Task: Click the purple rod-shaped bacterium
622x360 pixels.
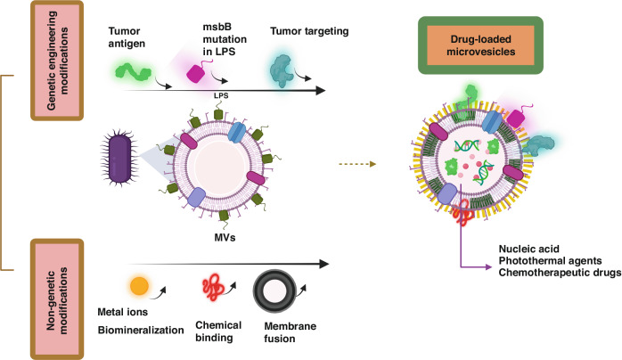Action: click(x=119, y=159)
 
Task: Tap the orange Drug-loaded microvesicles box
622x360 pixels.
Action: click(x=480, y=45)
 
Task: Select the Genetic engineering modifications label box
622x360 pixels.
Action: click(x=57, y=61)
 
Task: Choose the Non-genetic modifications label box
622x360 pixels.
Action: click(x=57, y=299)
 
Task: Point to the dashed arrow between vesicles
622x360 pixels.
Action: click(x=357, y=164)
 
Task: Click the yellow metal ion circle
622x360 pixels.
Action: click(x=139, y=286)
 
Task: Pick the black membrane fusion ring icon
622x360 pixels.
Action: click(x=274, y=291)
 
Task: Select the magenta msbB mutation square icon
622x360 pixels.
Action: click(x=196, y=74)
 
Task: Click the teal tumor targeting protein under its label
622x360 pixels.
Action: click(x=282, y=70)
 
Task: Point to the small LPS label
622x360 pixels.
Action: click(x=221, y=95)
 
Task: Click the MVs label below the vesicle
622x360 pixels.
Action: click(x=225, y=238)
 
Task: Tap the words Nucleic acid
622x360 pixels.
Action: click(x=528, y=249)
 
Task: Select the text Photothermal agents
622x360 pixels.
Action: click(x=550, y=261)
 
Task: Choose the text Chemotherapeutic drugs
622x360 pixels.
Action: click(x=560, y=273)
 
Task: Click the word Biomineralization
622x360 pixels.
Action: click(x=141, y=331)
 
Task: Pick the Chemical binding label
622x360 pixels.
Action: click(x=218, y=331)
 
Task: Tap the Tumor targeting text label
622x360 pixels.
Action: click(x=309, y=31)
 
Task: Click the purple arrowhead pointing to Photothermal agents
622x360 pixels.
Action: click(x=488, y=266)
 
